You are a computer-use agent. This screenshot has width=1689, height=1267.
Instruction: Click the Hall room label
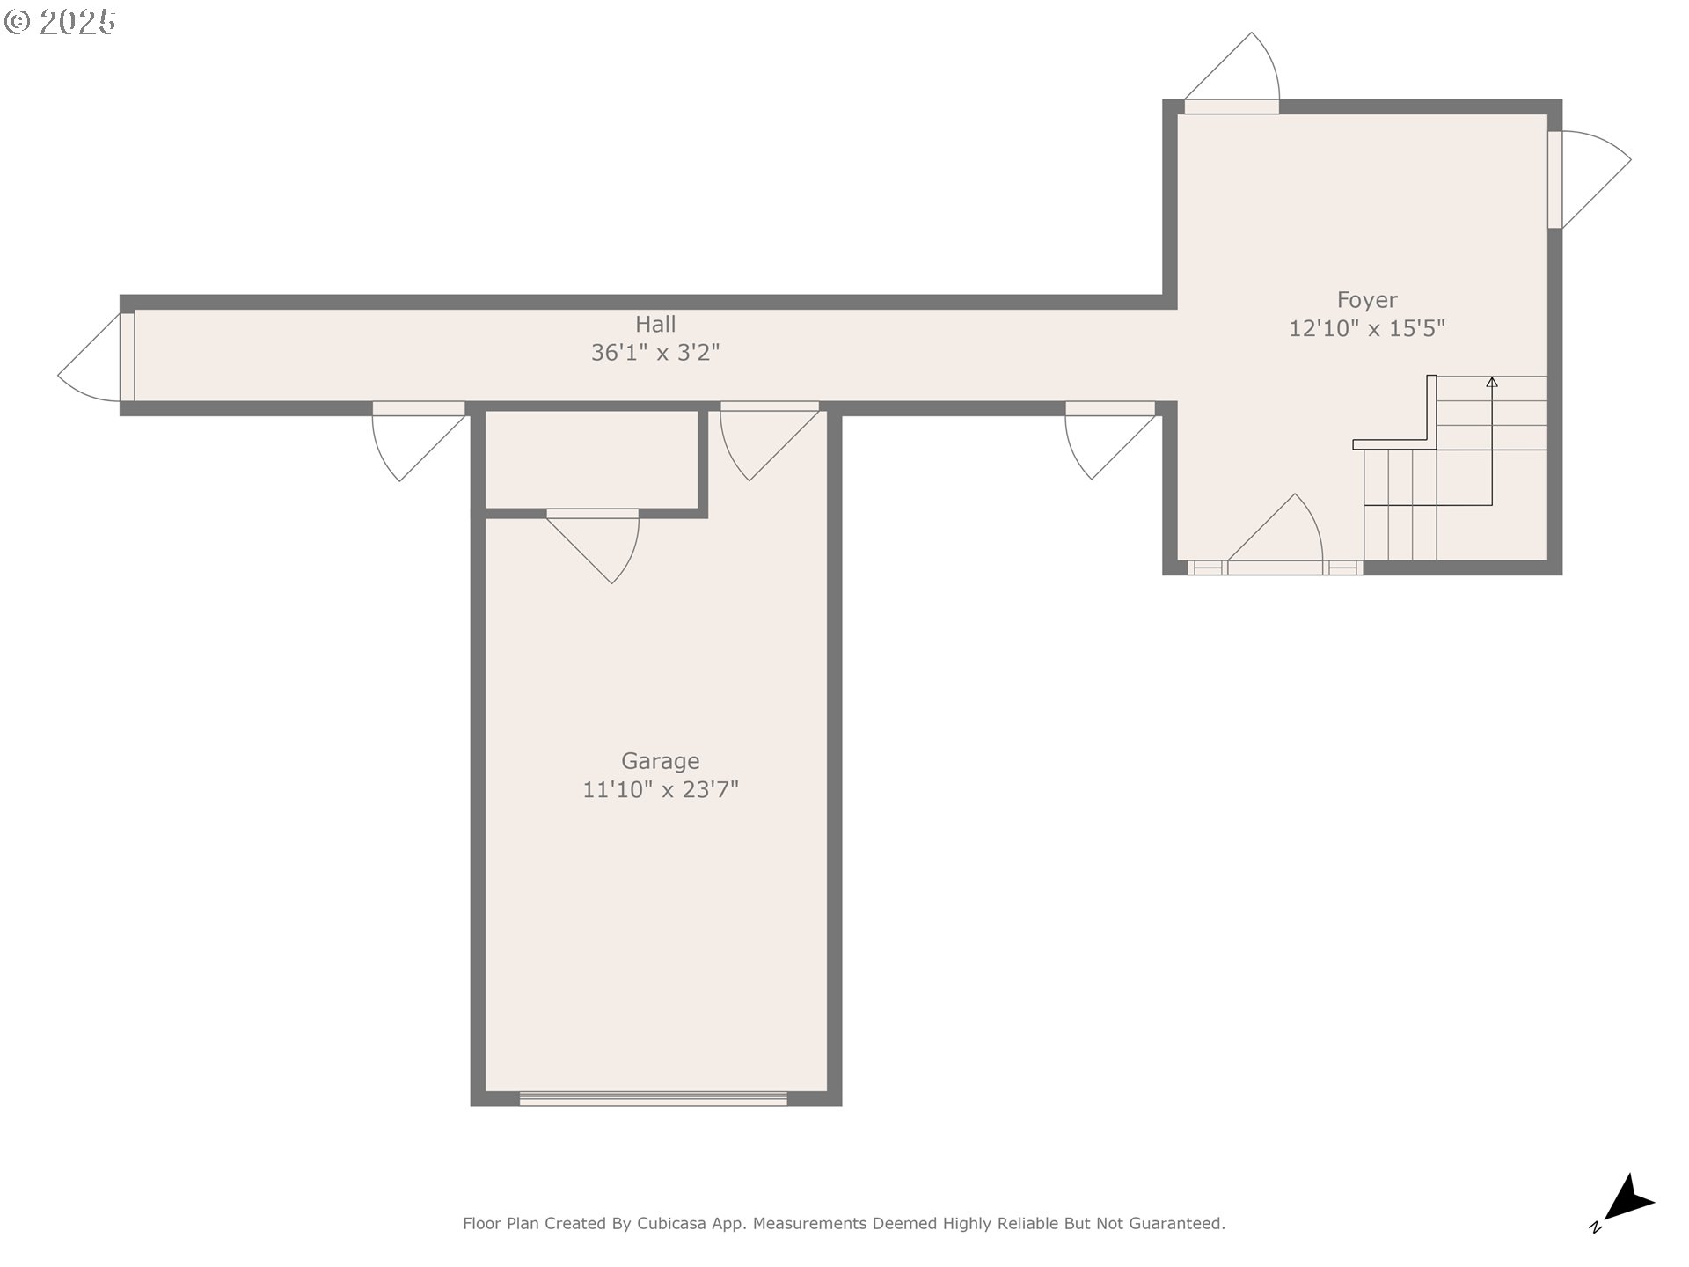click(655, 324)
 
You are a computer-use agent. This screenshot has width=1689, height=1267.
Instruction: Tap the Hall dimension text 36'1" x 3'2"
click(655, 353)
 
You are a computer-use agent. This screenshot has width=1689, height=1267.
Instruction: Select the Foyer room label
click(1367, 301)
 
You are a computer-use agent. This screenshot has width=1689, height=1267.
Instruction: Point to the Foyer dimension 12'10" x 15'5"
click(1367, 328)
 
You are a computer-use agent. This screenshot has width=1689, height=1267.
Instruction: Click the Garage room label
click(661, 761)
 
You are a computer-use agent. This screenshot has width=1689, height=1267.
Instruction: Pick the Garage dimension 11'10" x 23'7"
click(661, 789)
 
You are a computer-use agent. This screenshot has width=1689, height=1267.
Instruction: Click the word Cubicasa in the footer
click(672, 1223)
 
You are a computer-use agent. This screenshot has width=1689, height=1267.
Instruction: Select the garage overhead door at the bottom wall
click(654, 1098)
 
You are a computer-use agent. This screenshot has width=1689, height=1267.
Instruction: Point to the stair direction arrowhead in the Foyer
click(1492, 382)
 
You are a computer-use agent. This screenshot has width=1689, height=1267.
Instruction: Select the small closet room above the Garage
click(591, 459)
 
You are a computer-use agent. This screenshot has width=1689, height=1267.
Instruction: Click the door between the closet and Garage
click(593, 546)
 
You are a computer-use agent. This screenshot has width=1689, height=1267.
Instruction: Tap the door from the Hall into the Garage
click(770, 441)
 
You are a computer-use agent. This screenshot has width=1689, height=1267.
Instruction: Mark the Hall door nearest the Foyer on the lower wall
click(1110, 440)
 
